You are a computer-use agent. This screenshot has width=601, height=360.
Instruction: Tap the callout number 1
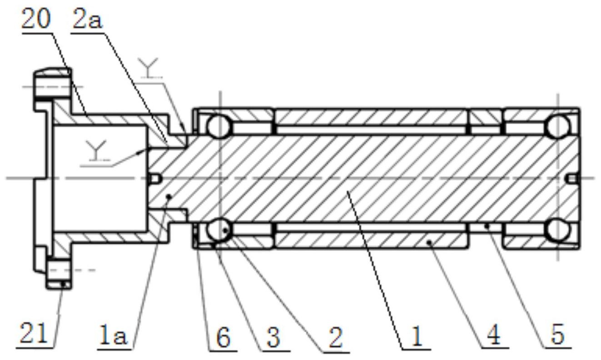pyautogui.click(x=417, y=337)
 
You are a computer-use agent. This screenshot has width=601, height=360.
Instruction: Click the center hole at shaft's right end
pyautogui.click(x=572, y=179)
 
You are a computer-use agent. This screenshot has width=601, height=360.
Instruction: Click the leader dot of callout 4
pyautogui.click(x=430, y=243)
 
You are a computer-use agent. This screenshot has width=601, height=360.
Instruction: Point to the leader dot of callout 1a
pyautogui.click(x=169, y=197)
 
